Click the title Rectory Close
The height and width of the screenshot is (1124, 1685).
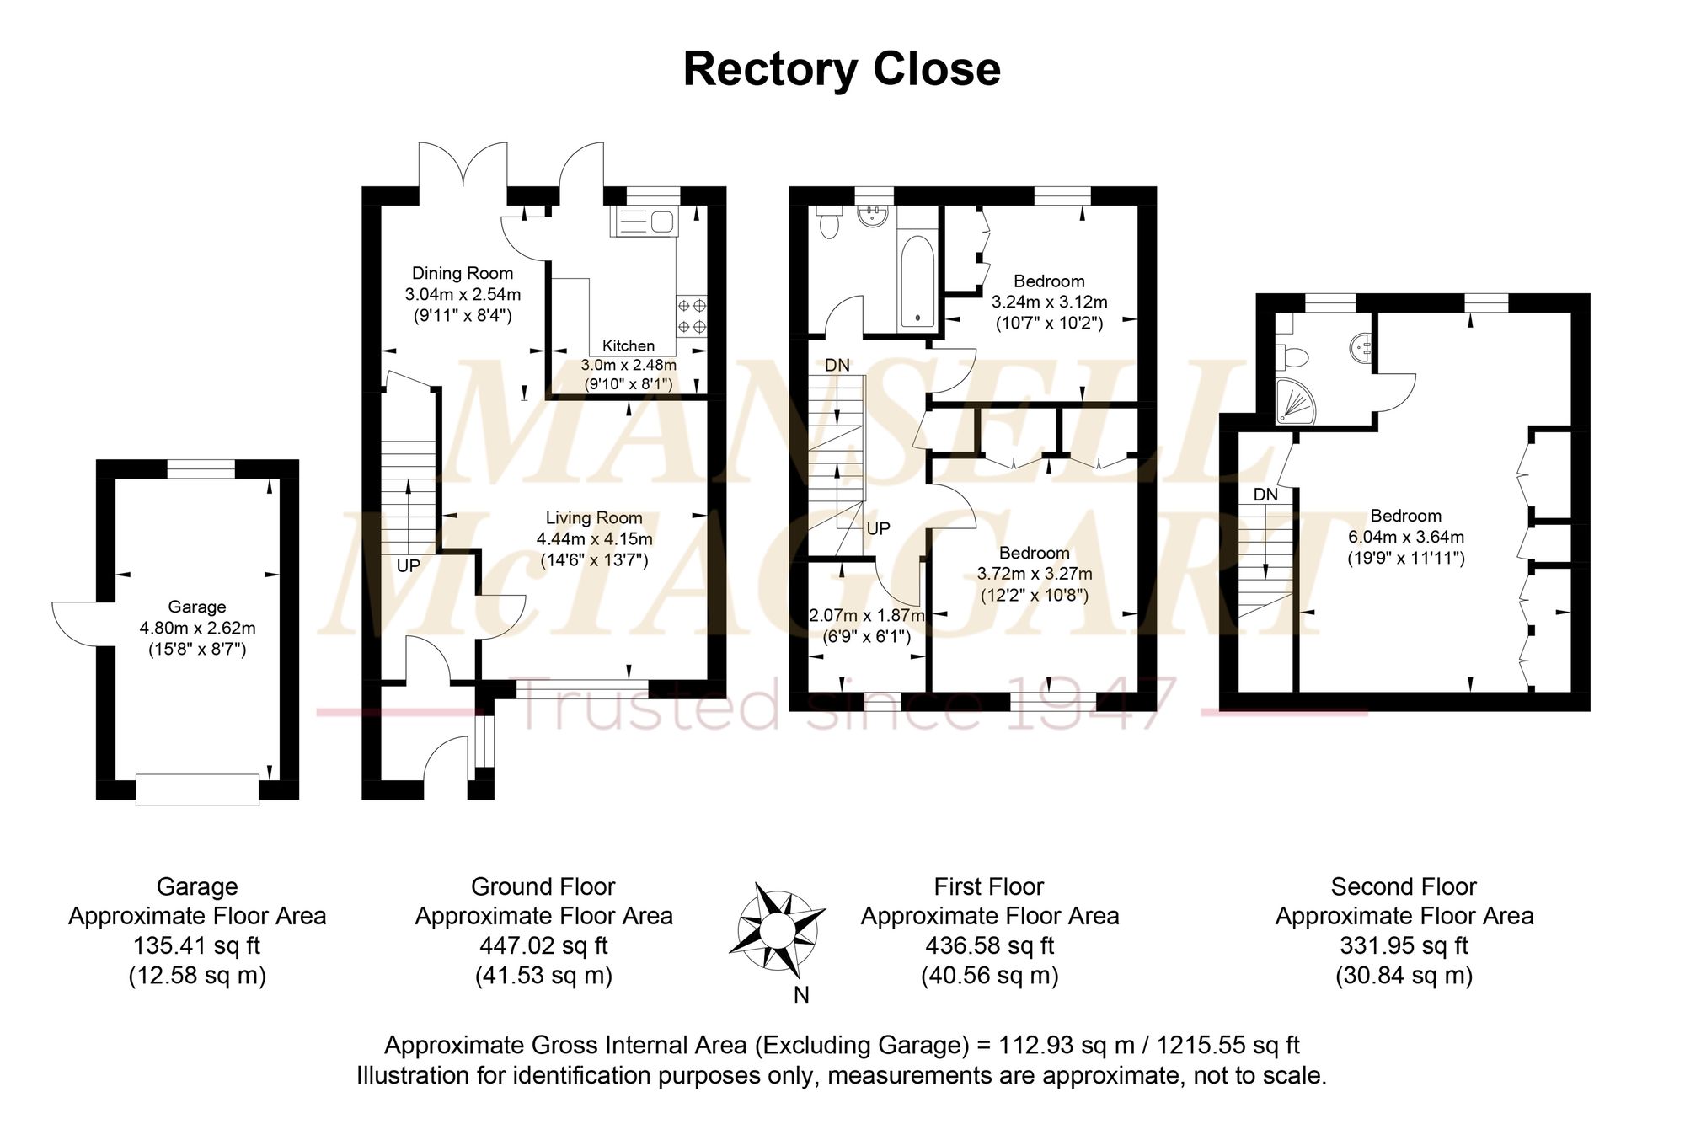coord(841,69)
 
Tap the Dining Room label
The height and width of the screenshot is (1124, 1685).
coord(462,273)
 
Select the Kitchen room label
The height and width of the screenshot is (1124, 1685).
coord(628,345)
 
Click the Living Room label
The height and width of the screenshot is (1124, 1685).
coord(593,518)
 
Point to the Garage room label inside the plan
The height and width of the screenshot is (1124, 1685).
coord(196,607)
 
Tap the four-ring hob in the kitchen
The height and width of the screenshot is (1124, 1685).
coord(692,315)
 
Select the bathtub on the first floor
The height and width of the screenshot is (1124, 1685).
coord(917,281)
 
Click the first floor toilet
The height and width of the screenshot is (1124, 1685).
coord(830,222)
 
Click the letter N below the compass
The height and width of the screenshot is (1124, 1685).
coord(801,995)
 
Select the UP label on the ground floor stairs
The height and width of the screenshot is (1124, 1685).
coord(409,565)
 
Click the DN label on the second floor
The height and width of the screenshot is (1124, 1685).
coord(1265,495)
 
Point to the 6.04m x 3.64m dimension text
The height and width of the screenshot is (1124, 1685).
coord(1405,537)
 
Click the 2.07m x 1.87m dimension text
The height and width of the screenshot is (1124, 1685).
coord(866,616)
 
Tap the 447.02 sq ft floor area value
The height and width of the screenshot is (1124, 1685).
coord(543,945)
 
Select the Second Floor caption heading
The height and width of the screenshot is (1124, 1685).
coord(1404,886)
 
